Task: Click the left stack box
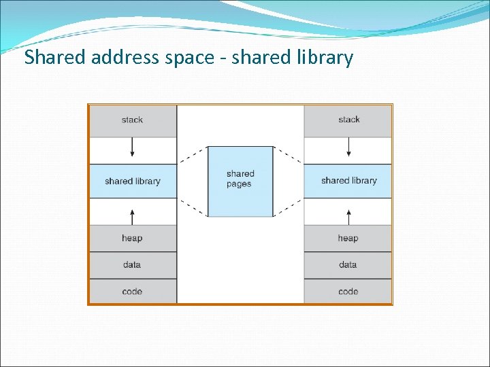point(133,120)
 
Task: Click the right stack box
point(348,120)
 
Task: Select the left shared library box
point(133,181)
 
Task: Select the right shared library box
point(348,181)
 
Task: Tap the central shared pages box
point(240,181)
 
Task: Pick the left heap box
point(133,239)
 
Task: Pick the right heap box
point(348,239)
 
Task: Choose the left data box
point(133,265)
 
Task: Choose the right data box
point(348,265)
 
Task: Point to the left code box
point(133,292)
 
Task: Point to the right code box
point(348,292)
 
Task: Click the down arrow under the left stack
point(133,147)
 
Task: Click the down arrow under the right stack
point(348,147)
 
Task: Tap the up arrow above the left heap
point(133,216)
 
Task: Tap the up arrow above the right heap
point(348,216)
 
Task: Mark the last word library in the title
point(325,58)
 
